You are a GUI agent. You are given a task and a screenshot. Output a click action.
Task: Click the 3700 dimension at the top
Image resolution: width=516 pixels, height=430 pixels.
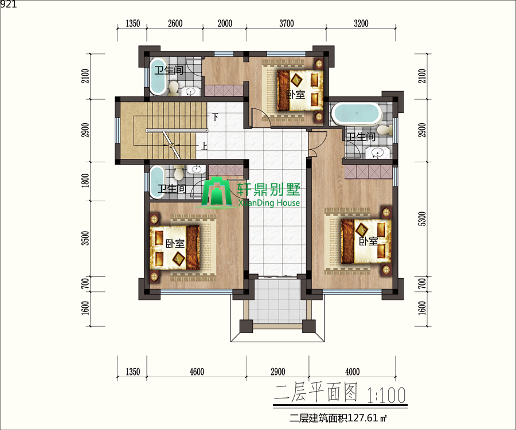[287, 24]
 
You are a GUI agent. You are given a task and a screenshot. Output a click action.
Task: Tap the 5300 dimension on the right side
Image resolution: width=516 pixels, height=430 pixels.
[422, 219]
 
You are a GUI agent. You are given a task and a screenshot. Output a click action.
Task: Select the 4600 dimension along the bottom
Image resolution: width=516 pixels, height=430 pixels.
[197, 372]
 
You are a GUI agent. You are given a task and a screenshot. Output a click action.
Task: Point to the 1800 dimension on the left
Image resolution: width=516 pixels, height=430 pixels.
[85, 181]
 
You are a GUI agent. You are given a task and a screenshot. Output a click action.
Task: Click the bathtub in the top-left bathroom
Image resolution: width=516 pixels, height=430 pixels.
[158, 77]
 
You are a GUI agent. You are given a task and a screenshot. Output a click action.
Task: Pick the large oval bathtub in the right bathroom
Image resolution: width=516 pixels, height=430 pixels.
[357, 114]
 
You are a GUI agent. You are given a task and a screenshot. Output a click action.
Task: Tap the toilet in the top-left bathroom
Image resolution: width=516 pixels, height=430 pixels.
[173, 88]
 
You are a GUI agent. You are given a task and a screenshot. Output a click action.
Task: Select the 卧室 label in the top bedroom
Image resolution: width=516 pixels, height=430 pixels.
[295, 95]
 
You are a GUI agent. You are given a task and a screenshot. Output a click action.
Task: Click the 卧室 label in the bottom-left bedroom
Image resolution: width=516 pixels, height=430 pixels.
[175, 244]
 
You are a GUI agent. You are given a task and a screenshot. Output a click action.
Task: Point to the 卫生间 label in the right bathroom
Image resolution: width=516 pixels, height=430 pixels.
[361, 136]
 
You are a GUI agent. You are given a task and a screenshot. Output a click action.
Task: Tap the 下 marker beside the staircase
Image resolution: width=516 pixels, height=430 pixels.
[215, 117]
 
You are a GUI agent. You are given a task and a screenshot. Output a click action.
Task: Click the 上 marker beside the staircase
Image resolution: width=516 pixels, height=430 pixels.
[204, 146]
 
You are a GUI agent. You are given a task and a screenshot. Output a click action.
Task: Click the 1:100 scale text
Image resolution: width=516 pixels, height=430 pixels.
[386, 395]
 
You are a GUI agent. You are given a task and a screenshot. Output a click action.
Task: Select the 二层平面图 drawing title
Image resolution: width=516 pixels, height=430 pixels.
[316, 393]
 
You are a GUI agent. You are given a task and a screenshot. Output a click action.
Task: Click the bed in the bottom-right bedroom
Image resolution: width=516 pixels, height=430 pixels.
[366, 241]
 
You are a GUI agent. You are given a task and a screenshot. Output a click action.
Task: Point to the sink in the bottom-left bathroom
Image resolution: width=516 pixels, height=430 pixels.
[197, 169]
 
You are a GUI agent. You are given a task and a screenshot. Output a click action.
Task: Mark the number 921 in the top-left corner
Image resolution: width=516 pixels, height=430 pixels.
[8, 4]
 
